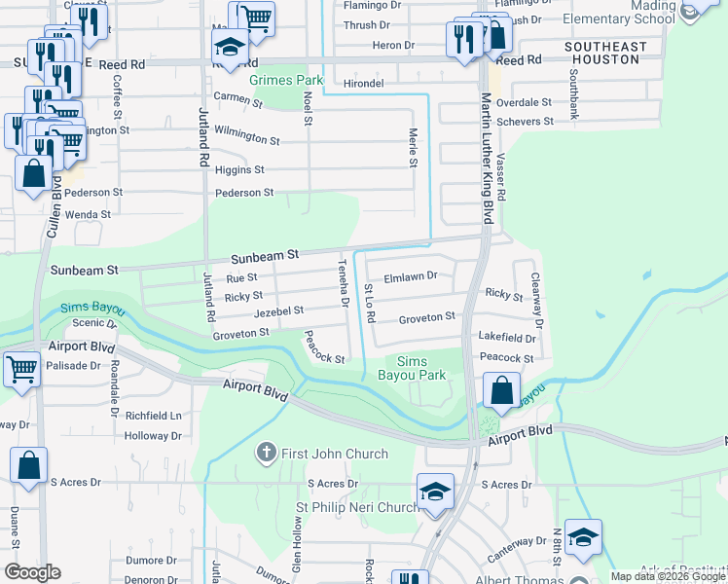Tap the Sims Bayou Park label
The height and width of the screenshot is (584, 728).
coord(420,368)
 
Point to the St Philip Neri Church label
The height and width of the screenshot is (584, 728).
coord(356,508)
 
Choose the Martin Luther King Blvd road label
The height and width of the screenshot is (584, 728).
coord(486,160)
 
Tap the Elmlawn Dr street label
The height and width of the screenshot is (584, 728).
coord(411,275)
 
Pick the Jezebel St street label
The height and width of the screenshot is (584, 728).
coord(278,310)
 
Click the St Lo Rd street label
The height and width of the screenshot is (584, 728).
coord(370,305)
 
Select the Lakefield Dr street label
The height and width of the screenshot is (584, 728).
coord(506,338)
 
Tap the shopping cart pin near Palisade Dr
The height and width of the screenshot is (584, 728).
coord(21,371)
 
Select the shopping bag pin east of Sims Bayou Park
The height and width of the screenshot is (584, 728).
coord(500,392)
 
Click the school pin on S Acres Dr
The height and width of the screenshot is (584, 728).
coord(435,493)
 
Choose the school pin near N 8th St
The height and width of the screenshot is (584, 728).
coord(582,537)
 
